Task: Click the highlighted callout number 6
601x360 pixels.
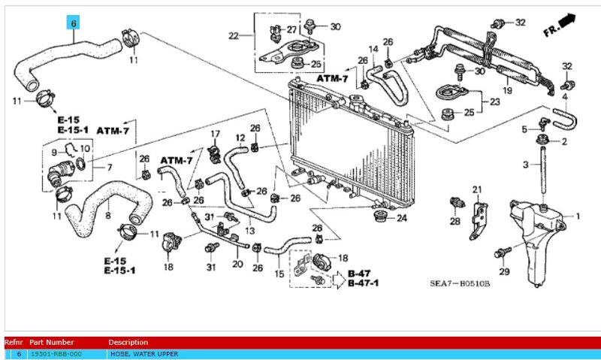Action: coord(74,23)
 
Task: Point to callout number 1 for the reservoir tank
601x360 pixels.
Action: coord(578,216)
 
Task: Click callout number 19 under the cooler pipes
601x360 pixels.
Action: coord(507,90)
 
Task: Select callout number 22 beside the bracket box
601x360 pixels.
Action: coord(233,35)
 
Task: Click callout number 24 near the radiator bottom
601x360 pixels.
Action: coord(401,219)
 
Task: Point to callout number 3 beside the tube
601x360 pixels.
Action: coord(526,164)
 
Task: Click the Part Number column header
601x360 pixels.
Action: coord(52,342)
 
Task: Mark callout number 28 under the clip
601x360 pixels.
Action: coord(455,222)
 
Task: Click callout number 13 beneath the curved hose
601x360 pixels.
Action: coord(250,229)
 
